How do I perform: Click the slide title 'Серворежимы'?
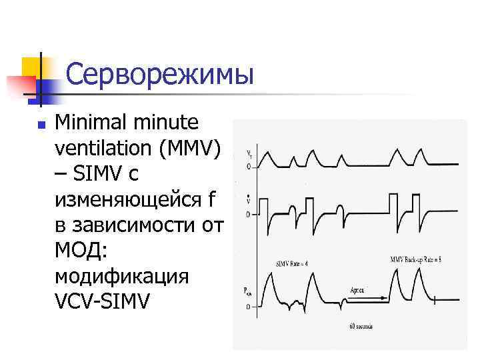click(160, 74)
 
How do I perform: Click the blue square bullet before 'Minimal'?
click(40, 124)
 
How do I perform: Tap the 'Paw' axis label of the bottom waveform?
click(248, 290)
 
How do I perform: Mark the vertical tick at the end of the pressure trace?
click(434, 301)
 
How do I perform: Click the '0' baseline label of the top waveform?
click(249, 167)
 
